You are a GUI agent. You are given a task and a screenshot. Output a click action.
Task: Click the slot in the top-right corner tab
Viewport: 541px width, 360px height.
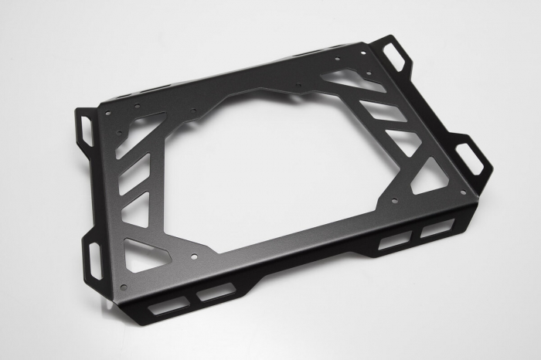coord(396,55)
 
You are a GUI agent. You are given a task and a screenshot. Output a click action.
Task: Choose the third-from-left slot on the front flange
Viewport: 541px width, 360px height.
coord(394,240)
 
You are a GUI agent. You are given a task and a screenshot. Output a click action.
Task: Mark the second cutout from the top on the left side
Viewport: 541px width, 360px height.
coord(134,173)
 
